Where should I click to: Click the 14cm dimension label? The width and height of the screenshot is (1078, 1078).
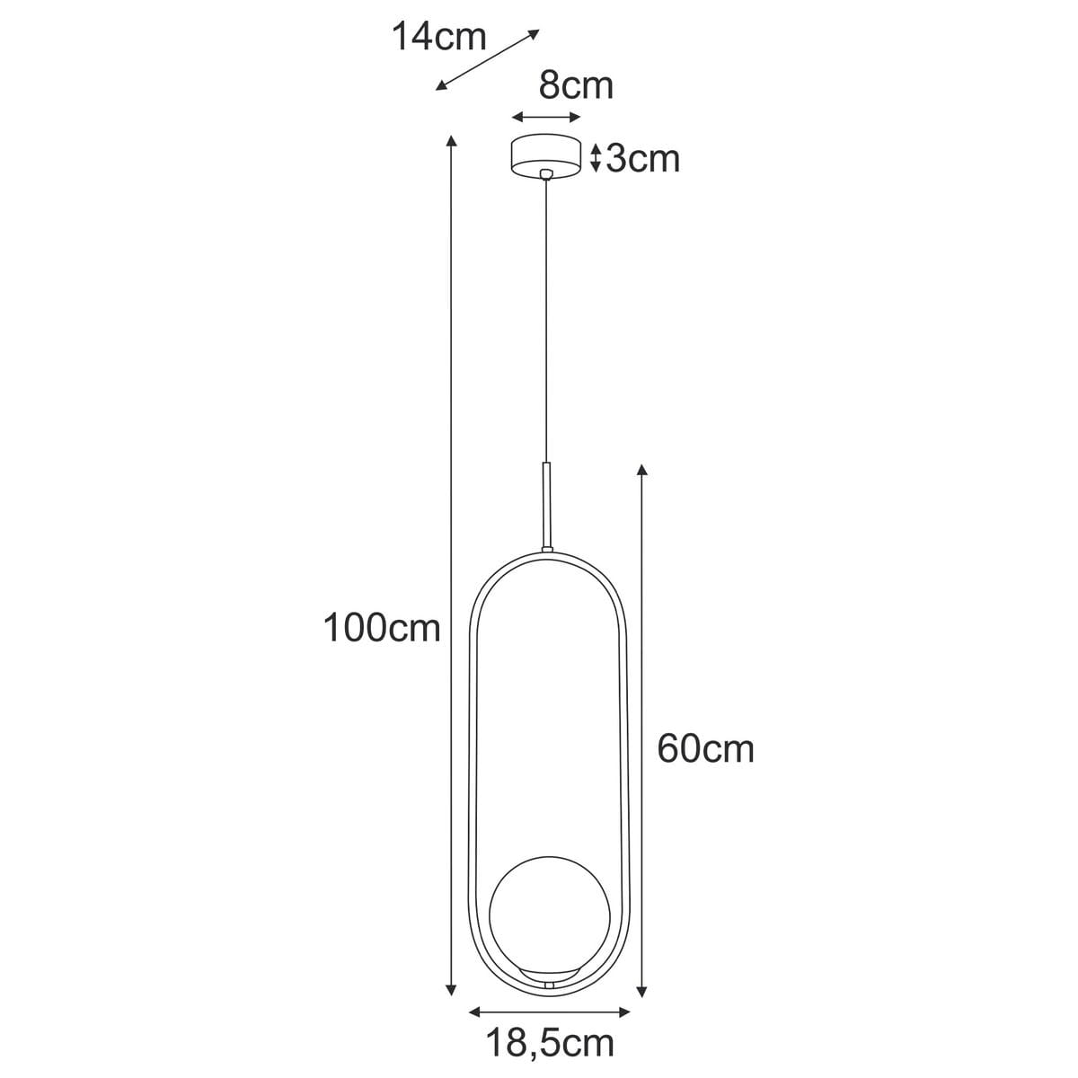coord(439,38)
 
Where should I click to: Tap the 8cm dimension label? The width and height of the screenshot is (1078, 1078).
coord(576,85)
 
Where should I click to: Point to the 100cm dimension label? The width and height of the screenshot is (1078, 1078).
coord(382,629)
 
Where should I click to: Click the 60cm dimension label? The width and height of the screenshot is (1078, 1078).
coord(705,748)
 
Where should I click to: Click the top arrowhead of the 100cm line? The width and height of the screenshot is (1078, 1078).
coord(451,140)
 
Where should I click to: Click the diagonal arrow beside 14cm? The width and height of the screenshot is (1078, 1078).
coord(487,59)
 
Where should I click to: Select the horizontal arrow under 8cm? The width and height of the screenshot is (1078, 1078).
coord(545,117)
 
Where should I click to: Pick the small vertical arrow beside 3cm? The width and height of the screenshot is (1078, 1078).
coord(595,157)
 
